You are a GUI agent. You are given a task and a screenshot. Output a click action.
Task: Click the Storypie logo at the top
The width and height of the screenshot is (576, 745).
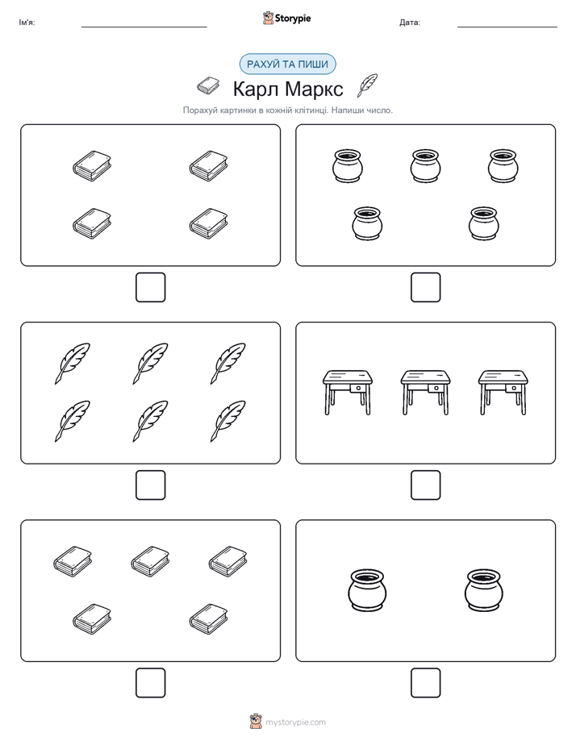tap(286, 18)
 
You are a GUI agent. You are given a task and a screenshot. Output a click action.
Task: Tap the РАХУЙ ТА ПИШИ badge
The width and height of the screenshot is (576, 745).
tap(287, 65)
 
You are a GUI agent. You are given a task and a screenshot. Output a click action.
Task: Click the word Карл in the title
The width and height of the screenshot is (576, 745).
tap(255, 89)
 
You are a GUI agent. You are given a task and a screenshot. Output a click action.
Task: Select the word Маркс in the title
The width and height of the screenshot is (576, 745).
tap(315, 89)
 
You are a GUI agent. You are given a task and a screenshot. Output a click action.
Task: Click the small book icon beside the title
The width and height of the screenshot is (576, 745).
tap(208, 85)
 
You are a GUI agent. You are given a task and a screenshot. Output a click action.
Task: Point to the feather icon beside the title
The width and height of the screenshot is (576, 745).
tap(367, 85)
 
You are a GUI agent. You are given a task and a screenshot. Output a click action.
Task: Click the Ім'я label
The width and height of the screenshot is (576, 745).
tap(27, 23)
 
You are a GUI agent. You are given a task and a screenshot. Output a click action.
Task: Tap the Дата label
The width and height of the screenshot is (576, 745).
tap(410, 23)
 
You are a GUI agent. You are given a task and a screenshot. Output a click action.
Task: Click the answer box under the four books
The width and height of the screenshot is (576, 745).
tap(151, 288)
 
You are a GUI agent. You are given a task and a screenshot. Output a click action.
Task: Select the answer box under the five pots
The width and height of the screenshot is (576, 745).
tap(426, 288)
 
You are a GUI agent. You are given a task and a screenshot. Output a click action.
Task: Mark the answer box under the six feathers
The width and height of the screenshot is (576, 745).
tap(151, 485)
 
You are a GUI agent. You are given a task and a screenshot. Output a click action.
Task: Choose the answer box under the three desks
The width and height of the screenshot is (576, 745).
tap(426, 485)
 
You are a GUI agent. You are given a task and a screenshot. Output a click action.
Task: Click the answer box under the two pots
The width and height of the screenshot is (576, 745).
tap(426, 683)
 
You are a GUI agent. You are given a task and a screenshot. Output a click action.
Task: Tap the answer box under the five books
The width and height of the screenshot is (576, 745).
tap(151, 683)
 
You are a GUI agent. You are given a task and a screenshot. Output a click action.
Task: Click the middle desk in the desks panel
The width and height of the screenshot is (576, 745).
tap(425, 393)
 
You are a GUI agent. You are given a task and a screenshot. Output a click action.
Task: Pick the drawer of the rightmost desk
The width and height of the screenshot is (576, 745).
tap(514, 389)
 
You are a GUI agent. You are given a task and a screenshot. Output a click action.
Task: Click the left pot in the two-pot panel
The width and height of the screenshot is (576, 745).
tap(367, 589)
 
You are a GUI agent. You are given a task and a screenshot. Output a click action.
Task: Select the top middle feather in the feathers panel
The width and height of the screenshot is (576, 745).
tap(151, 364)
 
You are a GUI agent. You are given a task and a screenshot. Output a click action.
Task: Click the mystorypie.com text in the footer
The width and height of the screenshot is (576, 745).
tap(295, 722)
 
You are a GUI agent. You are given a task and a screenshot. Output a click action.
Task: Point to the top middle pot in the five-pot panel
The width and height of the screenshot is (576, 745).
tap(425, 166)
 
